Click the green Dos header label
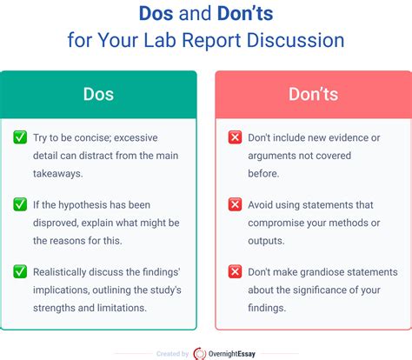coord(98,93)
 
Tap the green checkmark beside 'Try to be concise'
coord(19,137)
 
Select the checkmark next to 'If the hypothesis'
coord(19,204)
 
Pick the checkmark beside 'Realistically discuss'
coord(19,271)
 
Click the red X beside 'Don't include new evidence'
coord(235,137)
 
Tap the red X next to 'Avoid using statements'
coord(235,204)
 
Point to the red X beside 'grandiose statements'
coord(235,271)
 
